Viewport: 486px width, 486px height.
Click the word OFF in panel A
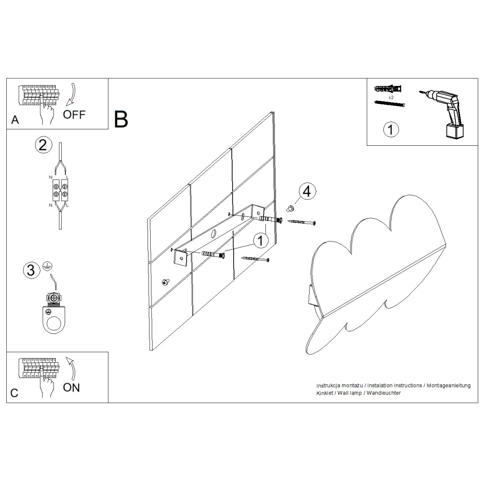74,114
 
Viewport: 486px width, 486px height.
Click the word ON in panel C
72,387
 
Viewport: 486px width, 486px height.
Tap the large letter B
121,119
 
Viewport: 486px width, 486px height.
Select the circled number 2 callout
43,145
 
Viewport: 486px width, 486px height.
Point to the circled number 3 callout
31,270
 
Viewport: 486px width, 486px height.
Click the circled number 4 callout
306,191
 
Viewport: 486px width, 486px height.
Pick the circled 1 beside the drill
391,129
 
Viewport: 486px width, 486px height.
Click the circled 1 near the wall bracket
260,241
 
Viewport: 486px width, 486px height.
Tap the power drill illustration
443,111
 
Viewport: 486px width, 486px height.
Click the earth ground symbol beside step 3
47,267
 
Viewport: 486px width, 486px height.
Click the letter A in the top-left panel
15,120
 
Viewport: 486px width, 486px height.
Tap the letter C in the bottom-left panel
14,393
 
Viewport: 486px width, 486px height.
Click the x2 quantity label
391,97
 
